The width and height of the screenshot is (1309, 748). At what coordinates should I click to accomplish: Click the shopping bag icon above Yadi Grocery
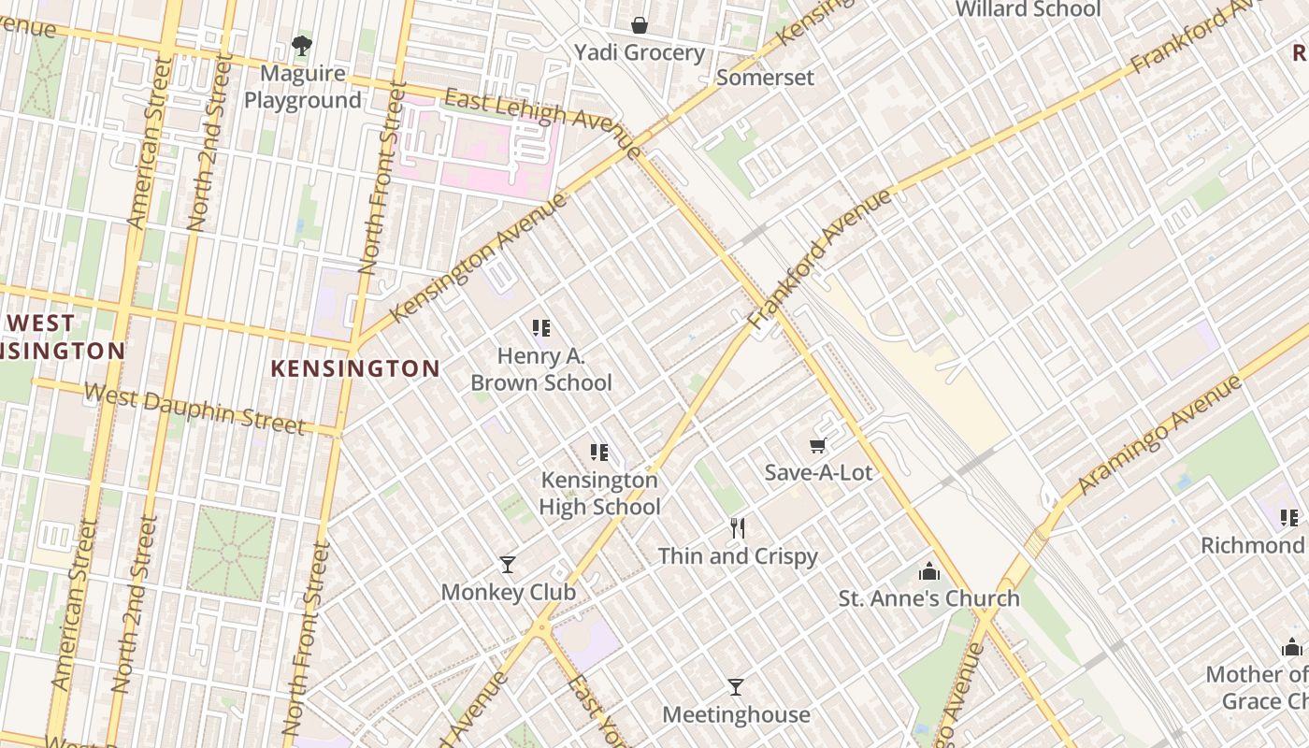(639, 24)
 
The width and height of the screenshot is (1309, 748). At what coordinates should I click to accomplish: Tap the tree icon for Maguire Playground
(301, 45)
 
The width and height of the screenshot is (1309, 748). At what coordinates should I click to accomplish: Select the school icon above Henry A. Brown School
(541, 327)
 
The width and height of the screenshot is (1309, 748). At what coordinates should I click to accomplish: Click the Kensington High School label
(599, 494)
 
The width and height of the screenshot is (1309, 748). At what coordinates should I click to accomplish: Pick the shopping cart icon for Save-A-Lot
(818, 446)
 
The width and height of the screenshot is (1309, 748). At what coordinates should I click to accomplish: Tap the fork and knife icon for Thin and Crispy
(738, 528)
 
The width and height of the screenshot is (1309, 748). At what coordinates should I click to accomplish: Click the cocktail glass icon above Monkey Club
(508, 564)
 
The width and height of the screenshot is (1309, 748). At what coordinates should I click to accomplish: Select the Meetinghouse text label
(736, 715)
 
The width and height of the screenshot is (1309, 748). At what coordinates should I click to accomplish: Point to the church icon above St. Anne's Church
(929, 570)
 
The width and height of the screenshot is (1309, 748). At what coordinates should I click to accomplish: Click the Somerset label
(765, 78)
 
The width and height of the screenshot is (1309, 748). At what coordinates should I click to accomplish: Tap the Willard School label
(1028, 9)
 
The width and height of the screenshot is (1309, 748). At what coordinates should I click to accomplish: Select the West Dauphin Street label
(194, 409)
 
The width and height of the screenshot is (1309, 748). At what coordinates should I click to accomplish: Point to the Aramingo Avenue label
(1158, 435)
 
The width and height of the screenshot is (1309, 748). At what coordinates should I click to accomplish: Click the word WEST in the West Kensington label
(40, 324)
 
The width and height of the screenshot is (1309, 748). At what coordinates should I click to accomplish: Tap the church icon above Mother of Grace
(1291, 646)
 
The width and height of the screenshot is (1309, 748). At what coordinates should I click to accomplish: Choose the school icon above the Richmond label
(1289, 517)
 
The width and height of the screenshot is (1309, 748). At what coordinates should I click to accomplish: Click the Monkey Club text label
(508, 592)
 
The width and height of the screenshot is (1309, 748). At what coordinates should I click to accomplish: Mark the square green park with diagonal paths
(231, 554)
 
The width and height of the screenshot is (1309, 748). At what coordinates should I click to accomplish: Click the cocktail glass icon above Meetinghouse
(736, 687)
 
